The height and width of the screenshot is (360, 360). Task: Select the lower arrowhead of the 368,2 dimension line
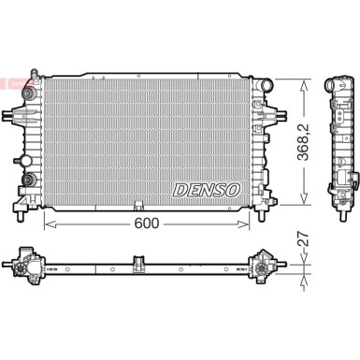pyautogui.click(x=301, y=201)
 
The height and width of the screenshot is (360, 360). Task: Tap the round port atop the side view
pyautogui.click(x=338, y=83)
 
